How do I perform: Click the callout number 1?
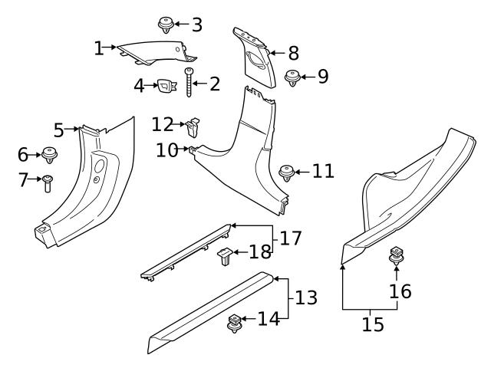[x=98, y=48]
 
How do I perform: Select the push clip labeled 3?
[x=164, y=25]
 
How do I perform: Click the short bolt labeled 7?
[x=48, y=183]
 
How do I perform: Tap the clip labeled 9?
[x=292, y=77]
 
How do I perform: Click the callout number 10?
[x=166, y=149]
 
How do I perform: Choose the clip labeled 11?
[x=287, y=172]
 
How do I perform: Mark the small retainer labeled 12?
[x=194, y=123]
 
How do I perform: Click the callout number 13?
[x=306, y=297]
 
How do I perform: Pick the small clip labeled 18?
[x=225, y=255]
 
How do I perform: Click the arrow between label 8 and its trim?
[x=277, y=54]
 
